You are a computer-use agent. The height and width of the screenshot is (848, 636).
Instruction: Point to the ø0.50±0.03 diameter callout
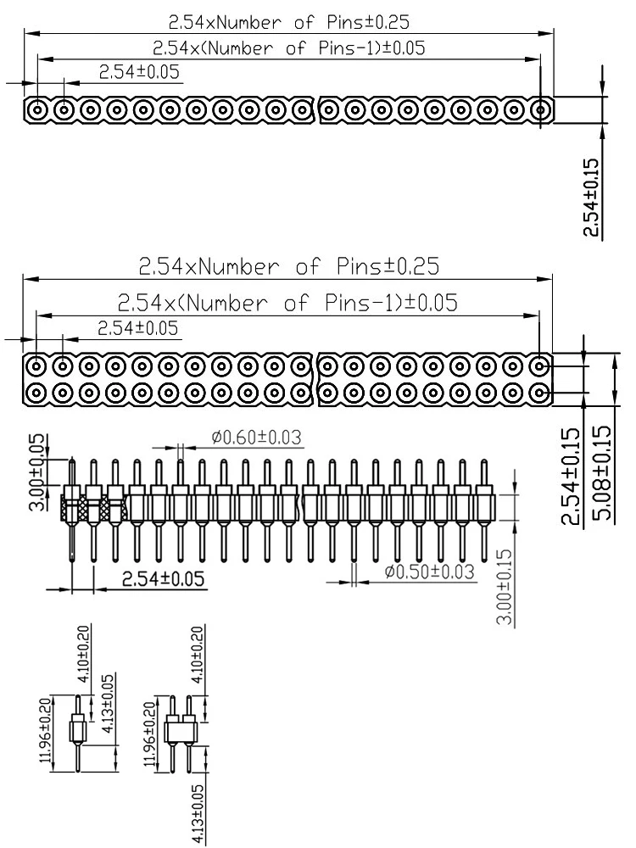point(428,572)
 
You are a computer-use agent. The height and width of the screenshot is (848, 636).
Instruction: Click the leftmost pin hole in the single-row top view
point(37,109)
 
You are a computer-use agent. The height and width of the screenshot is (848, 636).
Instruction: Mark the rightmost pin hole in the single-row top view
point(541,109)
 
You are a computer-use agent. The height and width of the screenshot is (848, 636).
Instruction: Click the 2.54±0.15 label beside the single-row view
point(591,198)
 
